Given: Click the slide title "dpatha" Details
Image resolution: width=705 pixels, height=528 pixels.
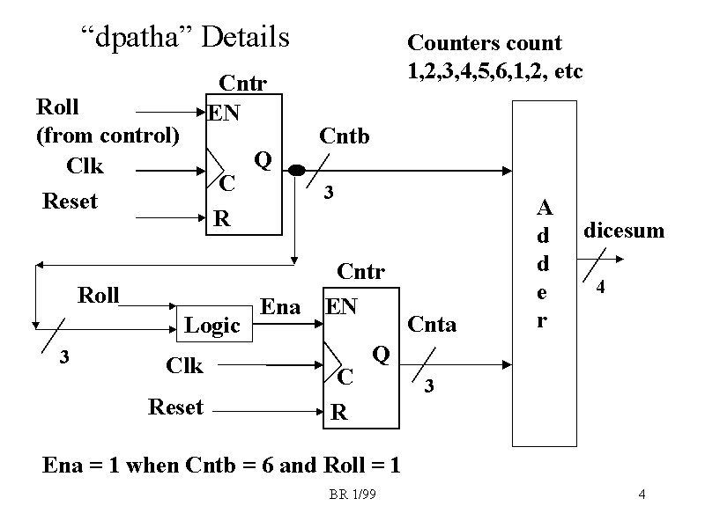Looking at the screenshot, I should click(184, 38).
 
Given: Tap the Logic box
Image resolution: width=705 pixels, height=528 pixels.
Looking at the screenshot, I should click(212, 326).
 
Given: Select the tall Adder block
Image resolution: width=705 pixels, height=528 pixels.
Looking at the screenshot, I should click(544, 273).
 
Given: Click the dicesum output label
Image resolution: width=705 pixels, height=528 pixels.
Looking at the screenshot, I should click(624, 231).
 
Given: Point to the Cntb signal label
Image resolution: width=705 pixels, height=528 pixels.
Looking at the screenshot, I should click(344, 136).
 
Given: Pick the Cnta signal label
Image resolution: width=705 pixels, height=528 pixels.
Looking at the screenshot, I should click(432, 325).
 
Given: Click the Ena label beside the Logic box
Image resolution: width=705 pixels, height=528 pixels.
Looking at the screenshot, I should click(281, 306).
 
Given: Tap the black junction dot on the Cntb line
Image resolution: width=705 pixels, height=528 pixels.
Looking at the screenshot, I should click(297, 170).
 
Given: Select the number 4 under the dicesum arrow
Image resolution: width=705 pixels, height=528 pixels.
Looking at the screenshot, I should click(600, 287).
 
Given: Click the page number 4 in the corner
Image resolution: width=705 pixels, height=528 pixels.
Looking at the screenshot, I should click(642, 495).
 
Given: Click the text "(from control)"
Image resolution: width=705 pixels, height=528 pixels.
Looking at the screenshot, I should click(108, 136).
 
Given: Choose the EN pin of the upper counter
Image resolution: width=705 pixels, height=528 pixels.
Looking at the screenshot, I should click(224, 113).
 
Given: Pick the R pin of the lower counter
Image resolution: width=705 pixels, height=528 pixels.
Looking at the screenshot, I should click(339, 412).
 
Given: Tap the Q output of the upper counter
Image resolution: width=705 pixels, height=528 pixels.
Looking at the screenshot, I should click(262, 159).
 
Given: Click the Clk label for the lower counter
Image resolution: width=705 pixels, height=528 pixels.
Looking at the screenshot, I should click(184, 365).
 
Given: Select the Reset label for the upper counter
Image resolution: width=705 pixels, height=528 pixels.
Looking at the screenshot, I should click(70, 202).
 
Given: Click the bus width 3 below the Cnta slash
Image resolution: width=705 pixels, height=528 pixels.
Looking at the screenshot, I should click(429, 385).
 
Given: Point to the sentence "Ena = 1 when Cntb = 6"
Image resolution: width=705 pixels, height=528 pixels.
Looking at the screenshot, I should click(221, 466).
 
